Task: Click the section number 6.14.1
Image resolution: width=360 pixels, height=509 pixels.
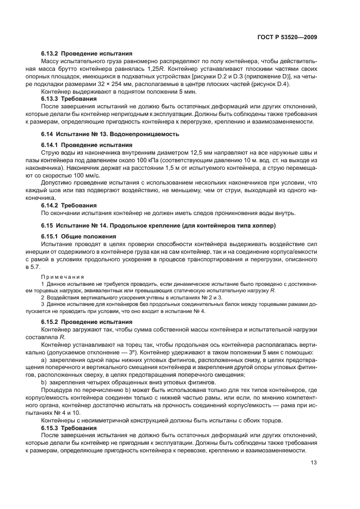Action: tap(50, 145)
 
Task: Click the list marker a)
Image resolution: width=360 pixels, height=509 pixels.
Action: tap(44, 360)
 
